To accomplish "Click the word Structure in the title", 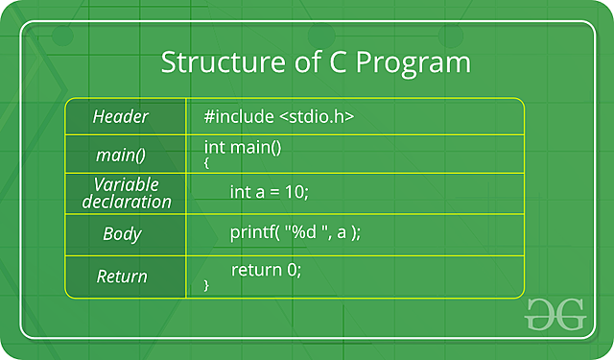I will tap(213, 63).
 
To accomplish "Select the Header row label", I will tap(121, 117).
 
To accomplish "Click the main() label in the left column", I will tap(121, 155).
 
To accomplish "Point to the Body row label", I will tap(122, 233).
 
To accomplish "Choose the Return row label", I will tap(122, 276).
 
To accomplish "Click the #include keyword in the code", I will tap(239, 116).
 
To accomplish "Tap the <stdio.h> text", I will tap(317, 116).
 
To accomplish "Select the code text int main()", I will tap(243, 147).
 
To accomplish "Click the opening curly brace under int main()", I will tap(207, 164).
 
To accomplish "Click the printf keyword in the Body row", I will tap(251, 232).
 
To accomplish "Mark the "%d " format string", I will tap(306, 232).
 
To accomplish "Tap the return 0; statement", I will tap(267, 270).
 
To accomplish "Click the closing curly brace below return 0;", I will tap(207, 286).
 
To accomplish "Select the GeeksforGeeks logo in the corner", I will tap(555, 315).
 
